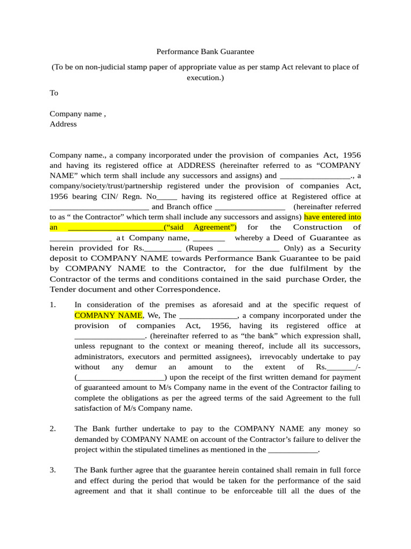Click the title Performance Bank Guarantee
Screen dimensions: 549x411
(x=205, y=52)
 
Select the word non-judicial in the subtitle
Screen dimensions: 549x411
(x=105, y=67)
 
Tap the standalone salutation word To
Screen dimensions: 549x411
(x=54, y=93)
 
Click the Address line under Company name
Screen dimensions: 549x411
(x=63, y=124)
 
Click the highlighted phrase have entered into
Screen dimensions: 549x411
(x=332, y=217)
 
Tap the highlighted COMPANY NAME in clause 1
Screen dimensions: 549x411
(x=109, y=315)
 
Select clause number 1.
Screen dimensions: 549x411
(x=52, y=305)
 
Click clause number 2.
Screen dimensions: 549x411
(x=52, y=428)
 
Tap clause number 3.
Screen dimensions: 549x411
(x=52, y=470)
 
